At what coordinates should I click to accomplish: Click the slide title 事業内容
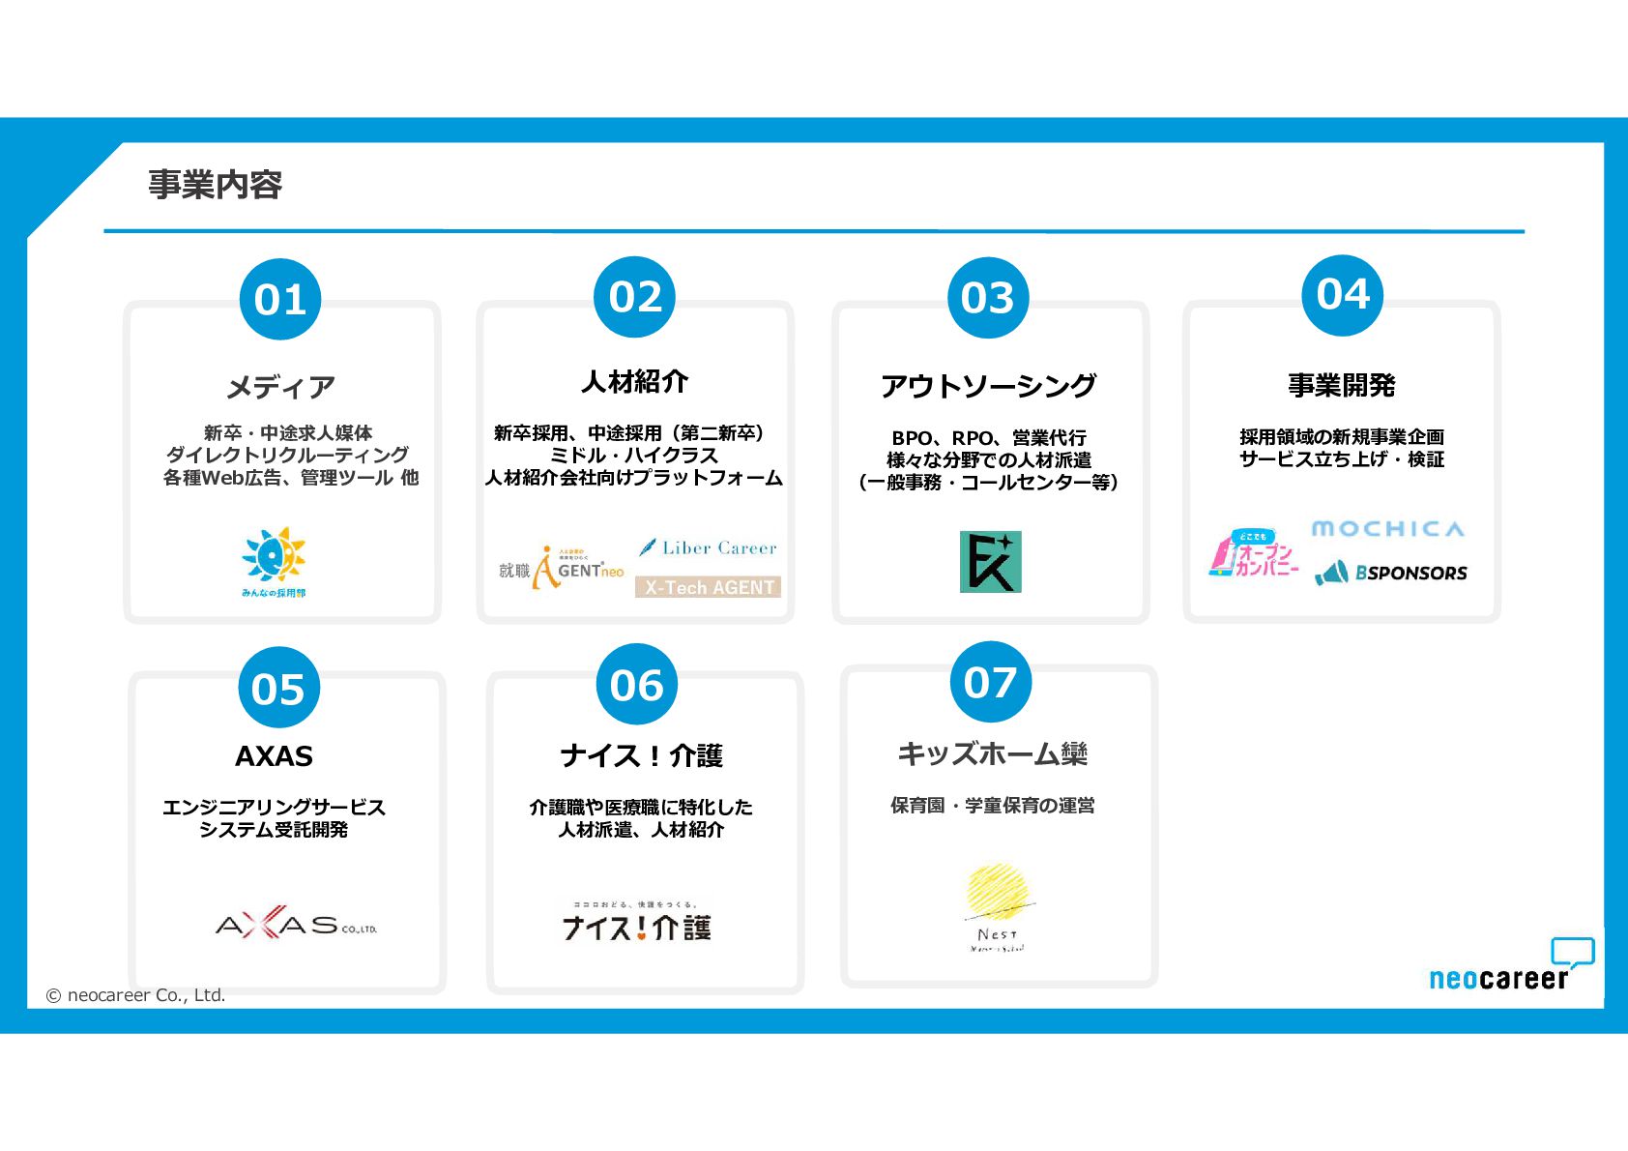coord(215,184)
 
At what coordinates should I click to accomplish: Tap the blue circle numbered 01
coord(280,299)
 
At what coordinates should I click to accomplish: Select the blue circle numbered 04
coord(1343,294)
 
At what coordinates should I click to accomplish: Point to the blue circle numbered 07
coord(990,682)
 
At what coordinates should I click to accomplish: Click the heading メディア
coord(280,387)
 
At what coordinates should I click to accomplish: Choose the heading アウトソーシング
coord(988,385)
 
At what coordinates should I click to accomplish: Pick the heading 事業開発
coord(1341,385)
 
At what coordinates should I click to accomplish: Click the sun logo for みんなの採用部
coord(275,561)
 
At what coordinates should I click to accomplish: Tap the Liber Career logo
coord(708,547)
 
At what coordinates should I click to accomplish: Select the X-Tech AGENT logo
coord(708,587)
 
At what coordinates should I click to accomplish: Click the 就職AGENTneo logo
coord(561,569)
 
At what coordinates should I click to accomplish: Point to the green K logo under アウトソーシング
coord(990,561)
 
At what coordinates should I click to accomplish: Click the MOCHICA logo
coord(1387,528)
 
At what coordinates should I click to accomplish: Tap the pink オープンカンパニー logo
coord(1253,553)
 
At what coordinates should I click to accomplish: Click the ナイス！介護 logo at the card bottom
coord(637,924)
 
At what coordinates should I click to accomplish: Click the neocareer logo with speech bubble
coord(1510,966)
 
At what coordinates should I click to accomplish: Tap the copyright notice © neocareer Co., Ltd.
coord(135,994)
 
